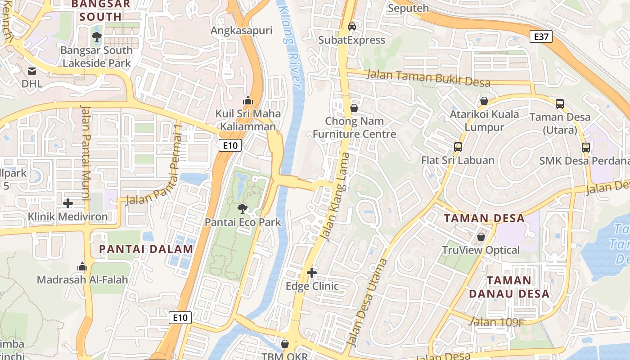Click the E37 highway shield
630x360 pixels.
click(x=541, y=36)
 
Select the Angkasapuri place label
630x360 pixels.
click(x=242, y=31)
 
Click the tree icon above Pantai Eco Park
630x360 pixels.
click(x=243, y=208)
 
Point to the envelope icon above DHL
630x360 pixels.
click(x=32, y=71)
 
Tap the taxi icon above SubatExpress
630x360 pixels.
click(x=352, y=26)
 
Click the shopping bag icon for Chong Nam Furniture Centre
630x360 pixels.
click(x=354, y=108)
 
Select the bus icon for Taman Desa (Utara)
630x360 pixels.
click(x=560, y=104)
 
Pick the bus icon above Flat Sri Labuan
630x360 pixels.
click(x=458, y=147)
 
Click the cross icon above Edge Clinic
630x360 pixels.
click(x=311, y=273)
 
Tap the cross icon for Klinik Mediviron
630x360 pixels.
click(x=68, y=203)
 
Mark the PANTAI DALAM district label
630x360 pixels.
click(x=146, y=249)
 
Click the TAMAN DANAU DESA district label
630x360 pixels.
click(x=509, y=287)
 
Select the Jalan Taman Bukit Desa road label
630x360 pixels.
click(x=428, y=78)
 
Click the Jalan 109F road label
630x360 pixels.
click(x=496, y=322)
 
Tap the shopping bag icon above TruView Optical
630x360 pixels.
click(x=481, y=237)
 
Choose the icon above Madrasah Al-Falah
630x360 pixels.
click(x=82, y=266)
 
